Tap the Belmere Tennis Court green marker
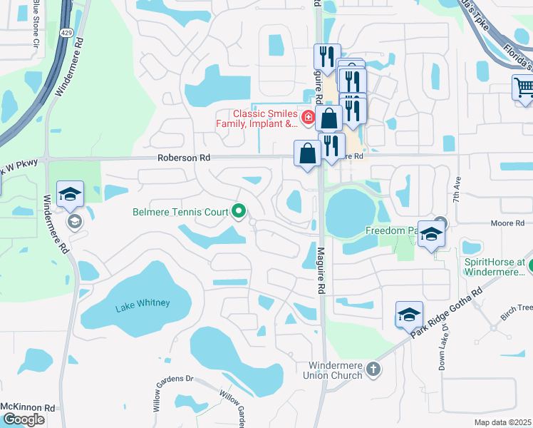(239, 211)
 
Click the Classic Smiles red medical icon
(309, 117)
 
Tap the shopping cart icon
(524, 88)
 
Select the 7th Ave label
(455, 191)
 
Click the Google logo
(23, 419)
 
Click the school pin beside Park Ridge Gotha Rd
(409, 315)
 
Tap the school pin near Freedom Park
(431, 235)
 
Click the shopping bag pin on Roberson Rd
(307, 153)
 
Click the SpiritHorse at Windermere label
(495, 267)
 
